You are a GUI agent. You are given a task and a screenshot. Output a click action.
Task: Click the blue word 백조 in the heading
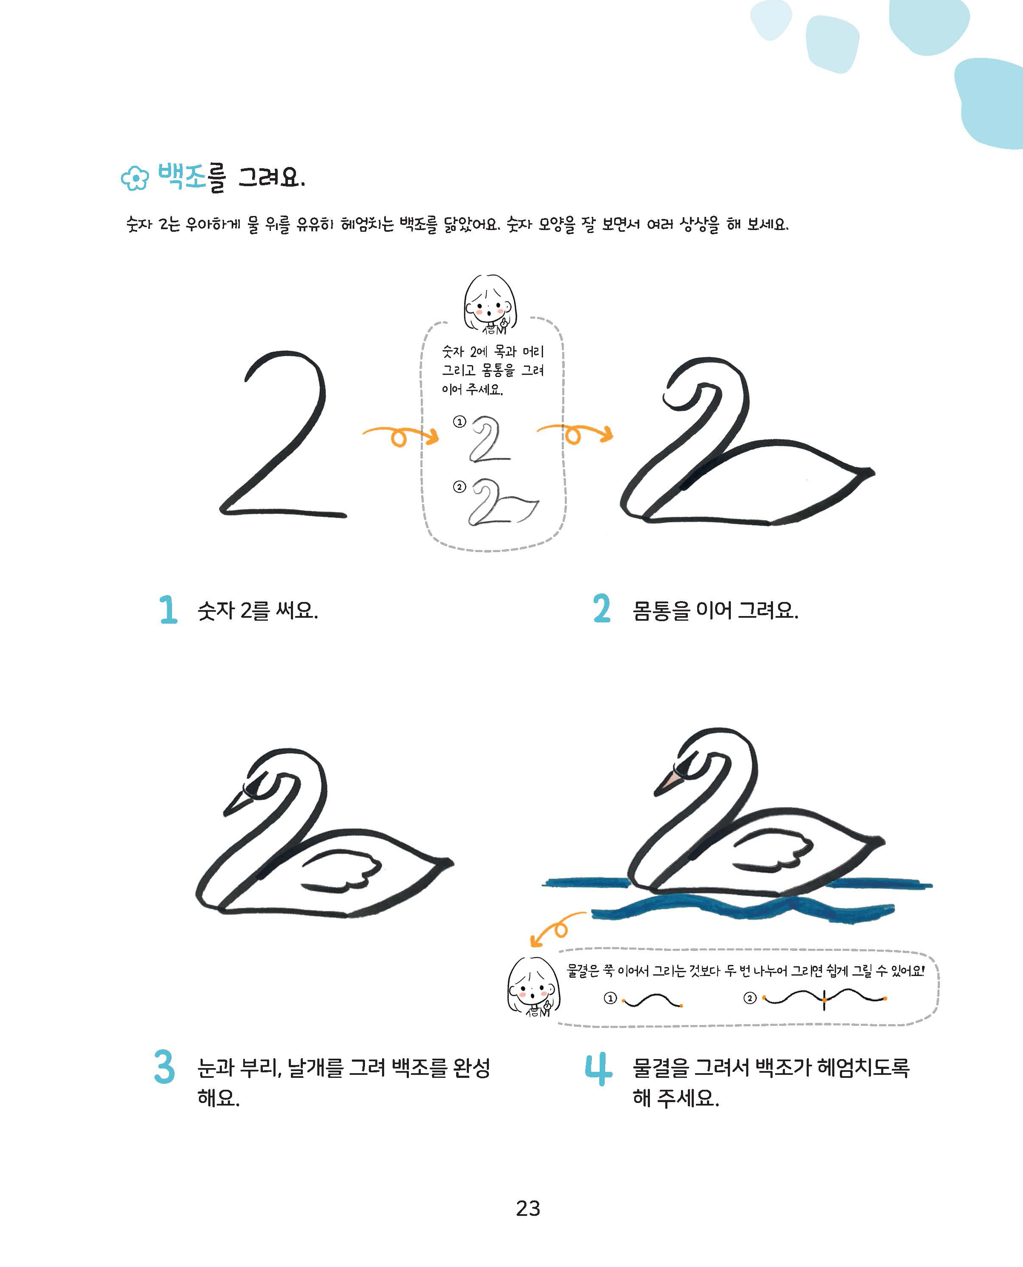click(x=181, y=176)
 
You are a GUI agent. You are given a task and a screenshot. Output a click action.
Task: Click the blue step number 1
click(x=168, y=609)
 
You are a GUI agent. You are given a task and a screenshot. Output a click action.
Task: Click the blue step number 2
click(x=602, y=609)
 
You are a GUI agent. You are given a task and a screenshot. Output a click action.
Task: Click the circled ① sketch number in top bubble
click(x=459, y=421)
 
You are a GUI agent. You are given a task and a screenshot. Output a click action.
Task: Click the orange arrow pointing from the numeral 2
click(x=401, y=435)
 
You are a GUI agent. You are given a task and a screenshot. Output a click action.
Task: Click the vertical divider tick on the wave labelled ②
click(x=824, y=999)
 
